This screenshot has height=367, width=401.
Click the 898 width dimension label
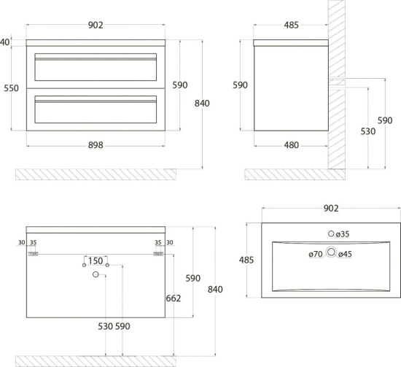pyautogui.click(x=96, y=145)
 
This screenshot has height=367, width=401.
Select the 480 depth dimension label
pyautogui.click(x=292, y=145)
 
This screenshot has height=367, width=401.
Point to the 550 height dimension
pyautogui.click(x=11, y=88)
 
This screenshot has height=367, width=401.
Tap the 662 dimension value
pyautogui.click(x=174, y=298)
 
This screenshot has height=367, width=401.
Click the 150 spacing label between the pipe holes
pyautogui.click(x=96, y=260)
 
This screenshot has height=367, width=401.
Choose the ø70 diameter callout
pyautogui.click(x=316, y=254)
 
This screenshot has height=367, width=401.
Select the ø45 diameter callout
pyautogui.click(x=345, y=254)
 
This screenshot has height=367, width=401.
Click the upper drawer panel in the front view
pyautogui.click(x=96, y=67)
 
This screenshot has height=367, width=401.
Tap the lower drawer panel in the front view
pyautogui.click(x=96, y=109)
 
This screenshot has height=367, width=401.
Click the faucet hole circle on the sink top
pyautogui.click(x=331, y=233)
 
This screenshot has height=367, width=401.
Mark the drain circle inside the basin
pyautogui.click(x=331, y=252)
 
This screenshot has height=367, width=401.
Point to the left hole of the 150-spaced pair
pyautogui.click(x=84, y=265)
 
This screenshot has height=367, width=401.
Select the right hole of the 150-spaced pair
pyautogui.click(x=107, y=265)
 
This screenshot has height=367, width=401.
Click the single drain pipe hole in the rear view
pyautogui.click(x=96, y=274)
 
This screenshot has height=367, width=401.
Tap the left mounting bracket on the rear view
pyautogui.click(x=34, y=254)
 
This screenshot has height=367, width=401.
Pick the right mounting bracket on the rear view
pyautogui.click(x=158, y=254)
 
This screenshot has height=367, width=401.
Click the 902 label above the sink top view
pyautogui.click(x=331, y=209)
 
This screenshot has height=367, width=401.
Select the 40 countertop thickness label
pyautogui.click(x=5, y=42)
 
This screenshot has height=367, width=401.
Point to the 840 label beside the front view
pyautogui.click(x=202, y=103)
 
